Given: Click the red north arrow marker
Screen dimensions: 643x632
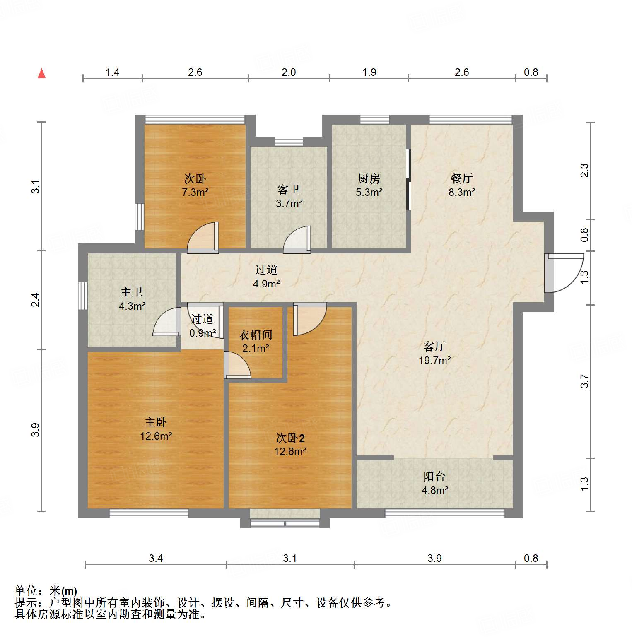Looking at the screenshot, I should tap(42, 73).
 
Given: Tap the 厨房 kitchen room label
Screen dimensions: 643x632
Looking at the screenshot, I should tap(369, 178).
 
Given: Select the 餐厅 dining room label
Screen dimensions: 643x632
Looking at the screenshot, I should tap(461, 178).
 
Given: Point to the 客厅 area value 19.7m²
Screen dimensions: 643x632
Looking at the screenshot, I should tap(434, 360).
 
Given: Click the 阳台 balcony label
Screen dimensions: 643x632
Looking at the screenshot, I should tap(434, 476).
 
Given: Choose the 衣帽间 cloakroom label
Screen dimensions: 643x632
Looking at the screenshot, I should tap(256, 335).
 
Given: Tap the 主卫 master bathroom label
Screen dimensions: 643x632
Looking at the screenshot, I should tap(132, 292).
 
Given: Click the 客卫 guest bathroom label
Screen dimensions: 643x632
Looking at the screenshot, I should tap(289, 190).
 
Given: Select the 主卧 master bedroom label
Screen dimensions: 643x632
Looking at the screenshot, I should tap(156, 422).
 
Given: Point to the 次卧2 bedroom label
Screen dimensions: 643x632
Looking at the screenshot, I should tap(290, 438).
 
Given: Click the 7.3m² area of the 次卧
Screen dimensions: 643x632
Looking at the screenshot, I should tap(195, 193).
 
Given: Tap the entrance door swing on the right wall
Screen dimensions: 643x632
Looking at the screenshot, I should tap(563, 273).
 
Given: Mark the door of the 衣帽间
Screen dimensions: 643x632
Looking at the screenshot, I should tap(237, 366).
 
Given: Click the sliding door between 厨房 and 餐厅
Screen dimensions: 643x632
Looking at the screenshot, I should tap(408, 180).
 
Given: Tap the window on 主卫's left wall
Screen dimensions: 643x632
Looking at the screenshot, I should tap(83, 296).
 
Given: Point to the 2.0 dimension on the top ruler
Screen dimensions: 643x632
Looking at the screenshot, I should tap(289, 72).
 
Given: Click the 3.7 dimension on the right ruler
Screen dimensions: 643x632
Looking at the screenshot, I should tap(584, 381).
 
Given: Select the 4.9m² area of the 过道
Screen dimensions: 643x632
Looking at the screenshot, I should tap(266, 284).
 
